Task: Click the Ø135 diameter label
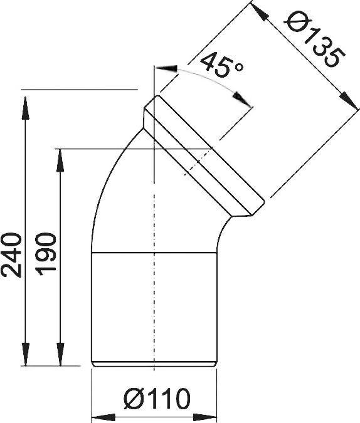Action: click(x=312, y=43)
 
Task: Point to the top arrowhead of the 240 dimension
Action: click(x=24, y=100)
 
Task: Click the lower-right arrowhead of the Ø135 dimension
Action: click(x=344, y=95)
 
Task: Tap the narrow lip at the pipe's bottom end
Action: click(x=154, y=362)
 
